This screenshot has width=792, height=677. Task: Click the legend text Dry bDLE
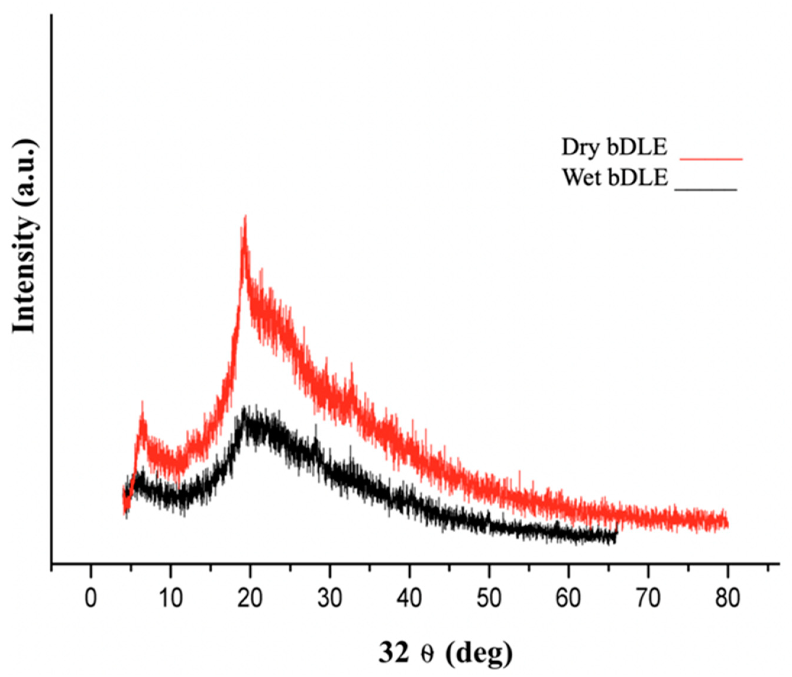614,148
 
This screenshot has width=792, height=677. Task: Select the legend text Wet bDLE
615,178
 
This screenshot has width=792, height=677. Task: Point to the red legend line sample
711,158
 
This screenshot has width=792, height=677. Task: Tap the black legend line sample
706,189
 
